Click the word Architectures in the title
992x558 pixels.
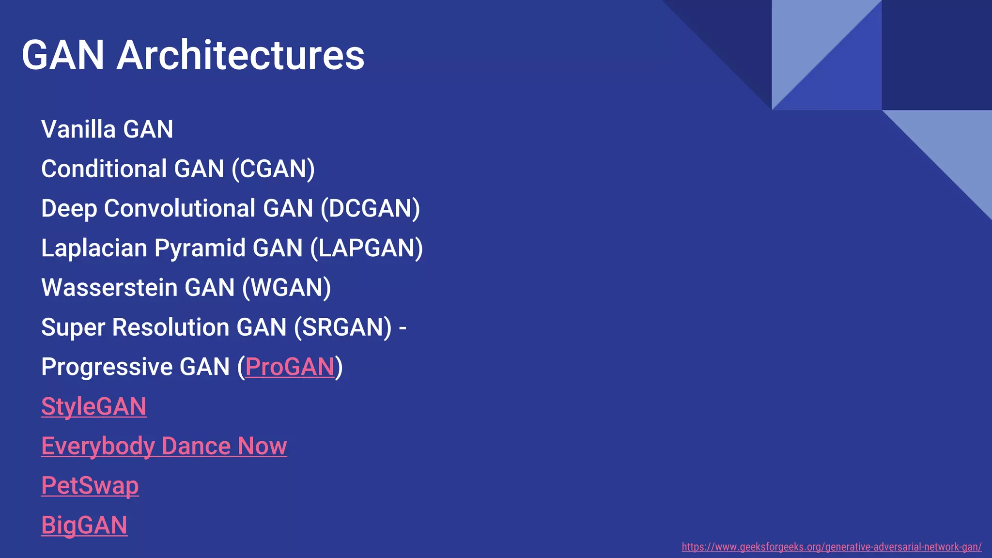click(x=240, y=55)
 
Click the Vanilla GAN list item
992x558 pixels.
click(x=107, y=129)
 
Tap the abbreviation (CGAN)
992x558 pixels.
click(x=273, y=169)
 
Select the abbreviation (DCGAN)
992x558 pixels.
click(x=370, y=209)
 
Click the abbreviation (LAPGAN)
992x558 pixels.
click(x=366, y=248)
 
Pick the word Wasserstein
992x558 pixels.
click(x=109, y=288)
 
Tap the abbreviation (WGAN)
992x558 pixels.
click(x=286, y=288)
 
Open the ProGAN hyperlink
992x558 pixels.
click(x=290, y=367)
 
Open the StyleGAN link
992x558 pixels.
click(x=93, y=406)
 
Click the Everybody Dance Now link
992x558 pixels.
click(x=164, y=446)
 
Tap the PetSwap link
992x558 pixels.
click(x=90, y=486)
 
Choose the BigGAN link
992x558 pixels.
click(x=84, y=526)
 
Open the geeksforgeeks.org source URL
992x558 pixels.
click(x=831, y=547)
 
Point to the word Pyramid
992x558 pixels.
click(x=200, y=248)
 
